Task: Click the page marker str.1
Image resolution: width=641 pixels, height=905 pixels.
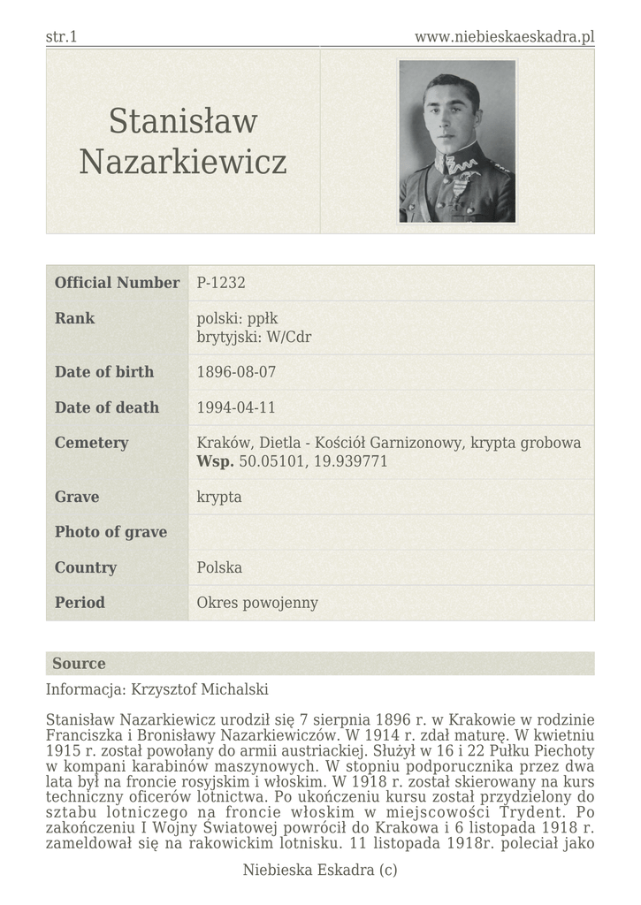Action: pyautogui.click(x=61, y=36)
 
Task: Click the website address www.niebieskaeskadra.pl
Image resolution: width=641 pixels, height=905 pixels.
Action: pyautogui.click(x=504, y=36)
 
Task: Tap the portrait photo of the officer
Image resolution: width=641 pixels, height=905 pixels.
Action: pyautogui.click(x=456, y=141)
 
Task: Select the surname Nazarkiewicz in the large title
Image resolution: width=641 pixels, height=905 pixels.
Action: pyautogui.click(x=183, y=162)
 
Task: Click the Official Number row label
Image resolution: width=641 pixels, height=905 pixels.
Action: pyautogui.click(x=117, y=283)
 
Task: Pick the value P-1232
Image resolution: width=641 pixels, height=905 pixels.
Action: pyautogui.click(x=221, y=283)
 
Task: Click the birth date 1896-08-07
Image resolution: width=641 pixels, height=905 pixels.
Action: pyautogui.click(x=237, y=372)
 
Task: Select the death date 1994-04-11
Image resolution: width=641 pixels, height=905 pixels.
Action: pyautogui.click(x=237, y=407)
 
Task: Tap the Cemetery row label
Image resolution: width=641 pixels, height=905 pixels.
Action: pyautogui.click(x=91, y=443)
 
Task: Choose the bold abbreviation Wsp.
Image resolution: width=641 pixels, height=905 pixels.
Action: pyautogui.click(x=215, y=461)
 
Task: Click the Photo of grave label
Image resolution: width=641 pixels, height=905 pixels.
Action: pyautogui.click(x=111, y=532)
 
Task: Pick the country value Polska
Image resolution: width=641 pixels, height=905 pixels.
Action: pyautogui.click(x=219, y=567)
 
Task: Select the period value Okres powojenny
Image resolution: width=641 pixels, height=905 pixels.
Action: pyautogui.click(x=257, y=603)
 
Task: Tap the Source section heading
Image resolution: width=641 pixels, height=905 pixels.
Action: pyautogui.click(x=79, y=664)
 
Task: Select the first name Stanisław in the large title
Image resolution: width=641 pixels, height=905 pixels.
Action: pyautogui.click(x=183, y=121)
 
